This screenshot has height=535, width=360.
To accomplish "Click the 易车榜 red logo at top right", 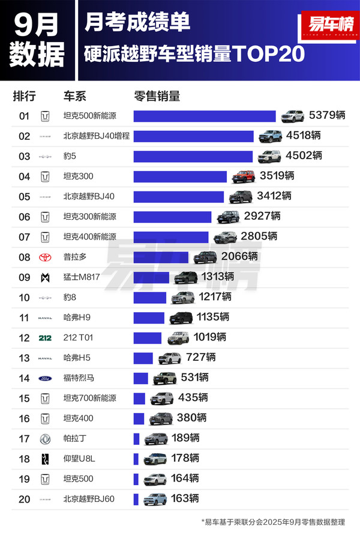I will point(327,26).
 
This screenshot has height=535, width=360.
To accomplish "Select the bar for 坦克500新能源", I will point(205,116).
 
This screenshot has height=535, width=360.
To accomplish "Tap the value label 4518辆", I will point(304,136).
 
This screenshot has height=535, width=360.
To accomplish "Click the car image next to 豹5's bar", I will point(269,156).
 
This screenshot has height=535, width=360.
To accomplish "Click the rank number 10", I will point(25,297).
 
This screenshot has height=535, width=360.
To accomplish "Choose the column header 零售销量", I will point(157,96).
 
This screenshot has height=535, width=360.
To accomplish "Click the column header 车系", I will point(75,96).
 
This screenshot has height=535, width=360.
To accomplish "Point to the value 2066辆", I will point(239,257).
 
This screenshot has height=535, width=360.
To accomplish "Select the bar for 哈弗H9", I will point(149,318).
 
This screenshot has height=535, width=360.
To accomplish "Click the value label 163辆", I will point(185,499).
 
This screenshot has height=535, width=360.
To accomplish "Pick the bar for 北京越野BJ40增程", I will point(193,136).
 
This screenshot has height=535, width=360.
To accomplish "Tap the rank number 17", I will point(25,439).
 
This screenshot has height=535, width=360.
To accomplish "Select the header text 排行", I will point(25,96).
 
